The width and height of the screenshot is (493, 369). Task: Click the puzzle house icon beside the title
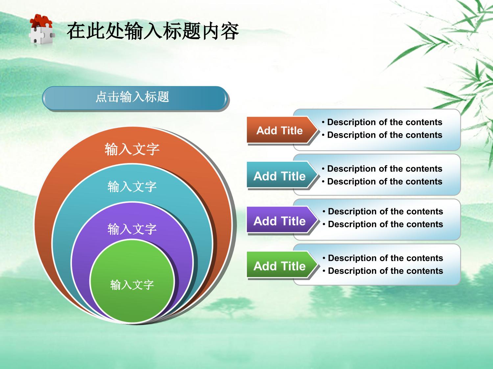pos(42,29)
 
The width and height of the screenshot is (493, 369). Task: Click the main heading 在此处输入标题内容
pos(153,31)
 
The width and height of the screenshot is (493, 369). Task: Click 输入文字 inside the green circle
pos(132,285)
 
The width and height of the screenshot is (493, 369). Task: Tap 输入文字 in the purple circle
pos(132,229)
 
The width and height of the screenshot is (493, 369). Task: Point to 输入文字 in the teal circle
pos(132,186)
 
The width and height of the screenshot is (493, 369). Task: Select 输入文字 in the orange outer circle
pos(132,149)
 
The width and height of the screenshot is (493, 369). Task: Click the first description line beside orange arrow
pos(382,122)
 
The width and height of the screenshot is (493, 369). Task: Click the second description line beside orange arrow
pos(382,135)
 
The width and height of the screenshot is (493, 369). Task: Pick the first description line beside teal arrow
pos(382,169)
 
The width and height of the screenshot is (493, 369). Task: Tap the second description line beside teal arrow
pos(382,181)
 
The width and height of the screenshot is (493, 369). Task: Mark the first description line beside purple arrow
pos(383,212)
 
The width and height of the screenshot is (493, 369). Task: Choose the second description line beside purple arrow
pos(383,224)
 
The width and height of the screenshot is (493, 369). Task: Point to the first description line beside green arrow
pos(383,258)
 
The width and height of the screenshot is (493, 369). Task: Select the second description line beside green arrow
pos(383,271)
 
